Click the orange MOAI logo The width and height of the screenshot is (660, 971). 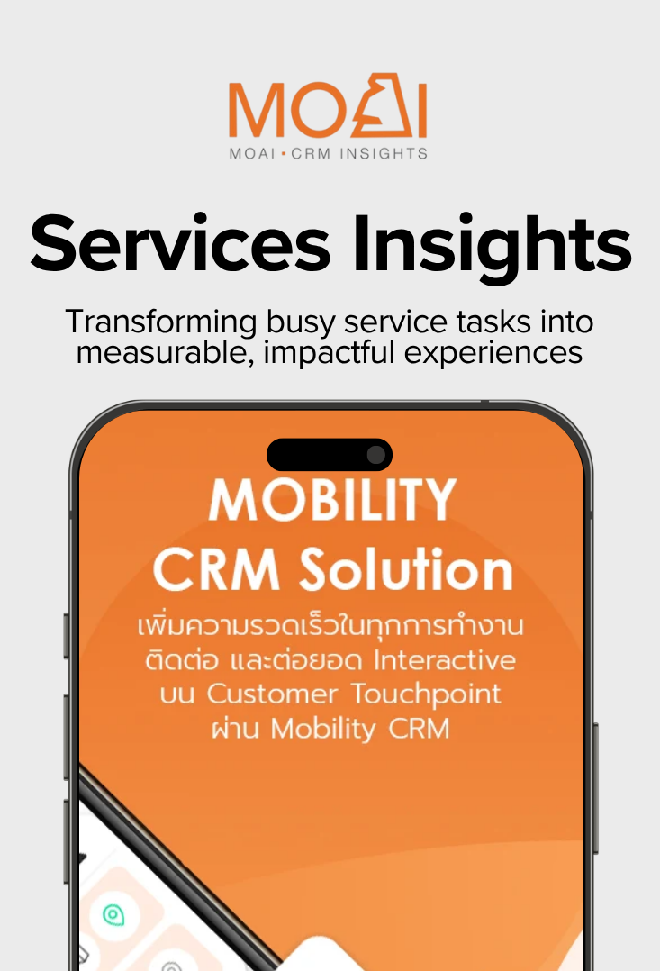pyautogui.click(x=328, y=106)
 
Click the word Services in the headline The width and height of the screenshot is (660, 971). pyautogui.click(x=180, y=244)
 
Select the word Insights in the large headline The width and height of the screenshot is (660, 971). pyautogui.click(x=493, y=249)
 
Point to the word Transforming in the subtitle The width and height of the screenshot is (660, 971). pyautogui.click(x=161, y=322)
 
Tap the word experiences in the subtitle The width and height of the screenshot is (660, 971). pyautogui.click(x=493, y=354)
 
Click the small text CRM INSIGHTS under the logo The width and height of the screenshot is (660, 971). pyautogui.click(x=359, y=153)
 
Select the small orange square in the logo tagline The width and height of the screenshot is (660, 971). pyautogui.click(x=284, y=153)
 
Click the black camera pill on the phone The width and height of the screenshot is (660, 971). pyautogui.click(x=330, y=455)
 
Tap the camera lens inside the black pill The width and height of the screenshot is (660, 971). pyautogui.click(x=375, y=455)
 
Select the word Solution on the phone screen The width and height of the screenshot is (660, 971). pyautogui.click(x=407, y=568)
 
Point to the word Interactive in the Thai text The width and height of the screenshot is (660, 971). pyautogui.click(x=445, y=660)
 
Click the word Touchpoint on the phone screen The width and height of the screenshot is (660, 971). pyautogui.click(x=427, y=694)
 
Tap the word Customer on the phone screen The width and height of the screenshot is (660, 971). pyautogui.click(x=273, y=694)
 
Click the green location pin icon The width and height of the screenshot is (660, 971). pyautogui.click(x=113, y=914)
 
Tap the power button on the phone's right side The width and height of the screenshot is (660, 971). pyautogui.click(x=596, y=788)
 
